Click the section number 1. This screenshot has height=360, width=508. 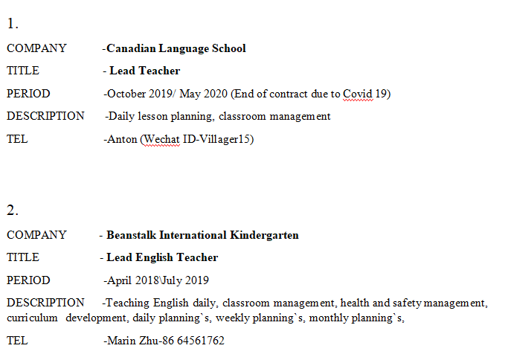coord(12,23)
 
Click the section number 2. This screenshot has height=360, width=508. coord(13,209)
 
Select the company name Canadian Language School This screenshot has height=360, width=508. coord(176,48)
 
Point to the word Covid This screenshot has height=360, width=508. coord(356,94)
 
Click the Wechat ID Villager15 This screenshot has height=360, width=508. coord(216,139)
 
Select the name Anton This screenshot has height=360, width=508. coord(122,139)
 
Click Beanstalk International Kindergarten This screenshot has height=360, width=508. coord(202,235)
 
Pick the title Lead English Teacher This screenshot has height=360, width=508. coord(162,257)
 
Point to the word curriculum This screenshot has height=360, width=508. coord(32,318)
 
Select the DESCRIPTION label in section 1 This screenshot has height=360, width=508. coord(45,116)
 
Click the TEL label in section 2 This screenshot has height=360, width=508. coord(17,341)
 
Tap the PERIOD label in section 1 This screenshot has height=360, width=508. coord(28,94)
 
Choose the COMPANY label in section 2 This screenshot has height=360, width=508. coord(36,235)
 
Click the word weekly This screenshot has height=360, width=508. coord(234,318)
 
